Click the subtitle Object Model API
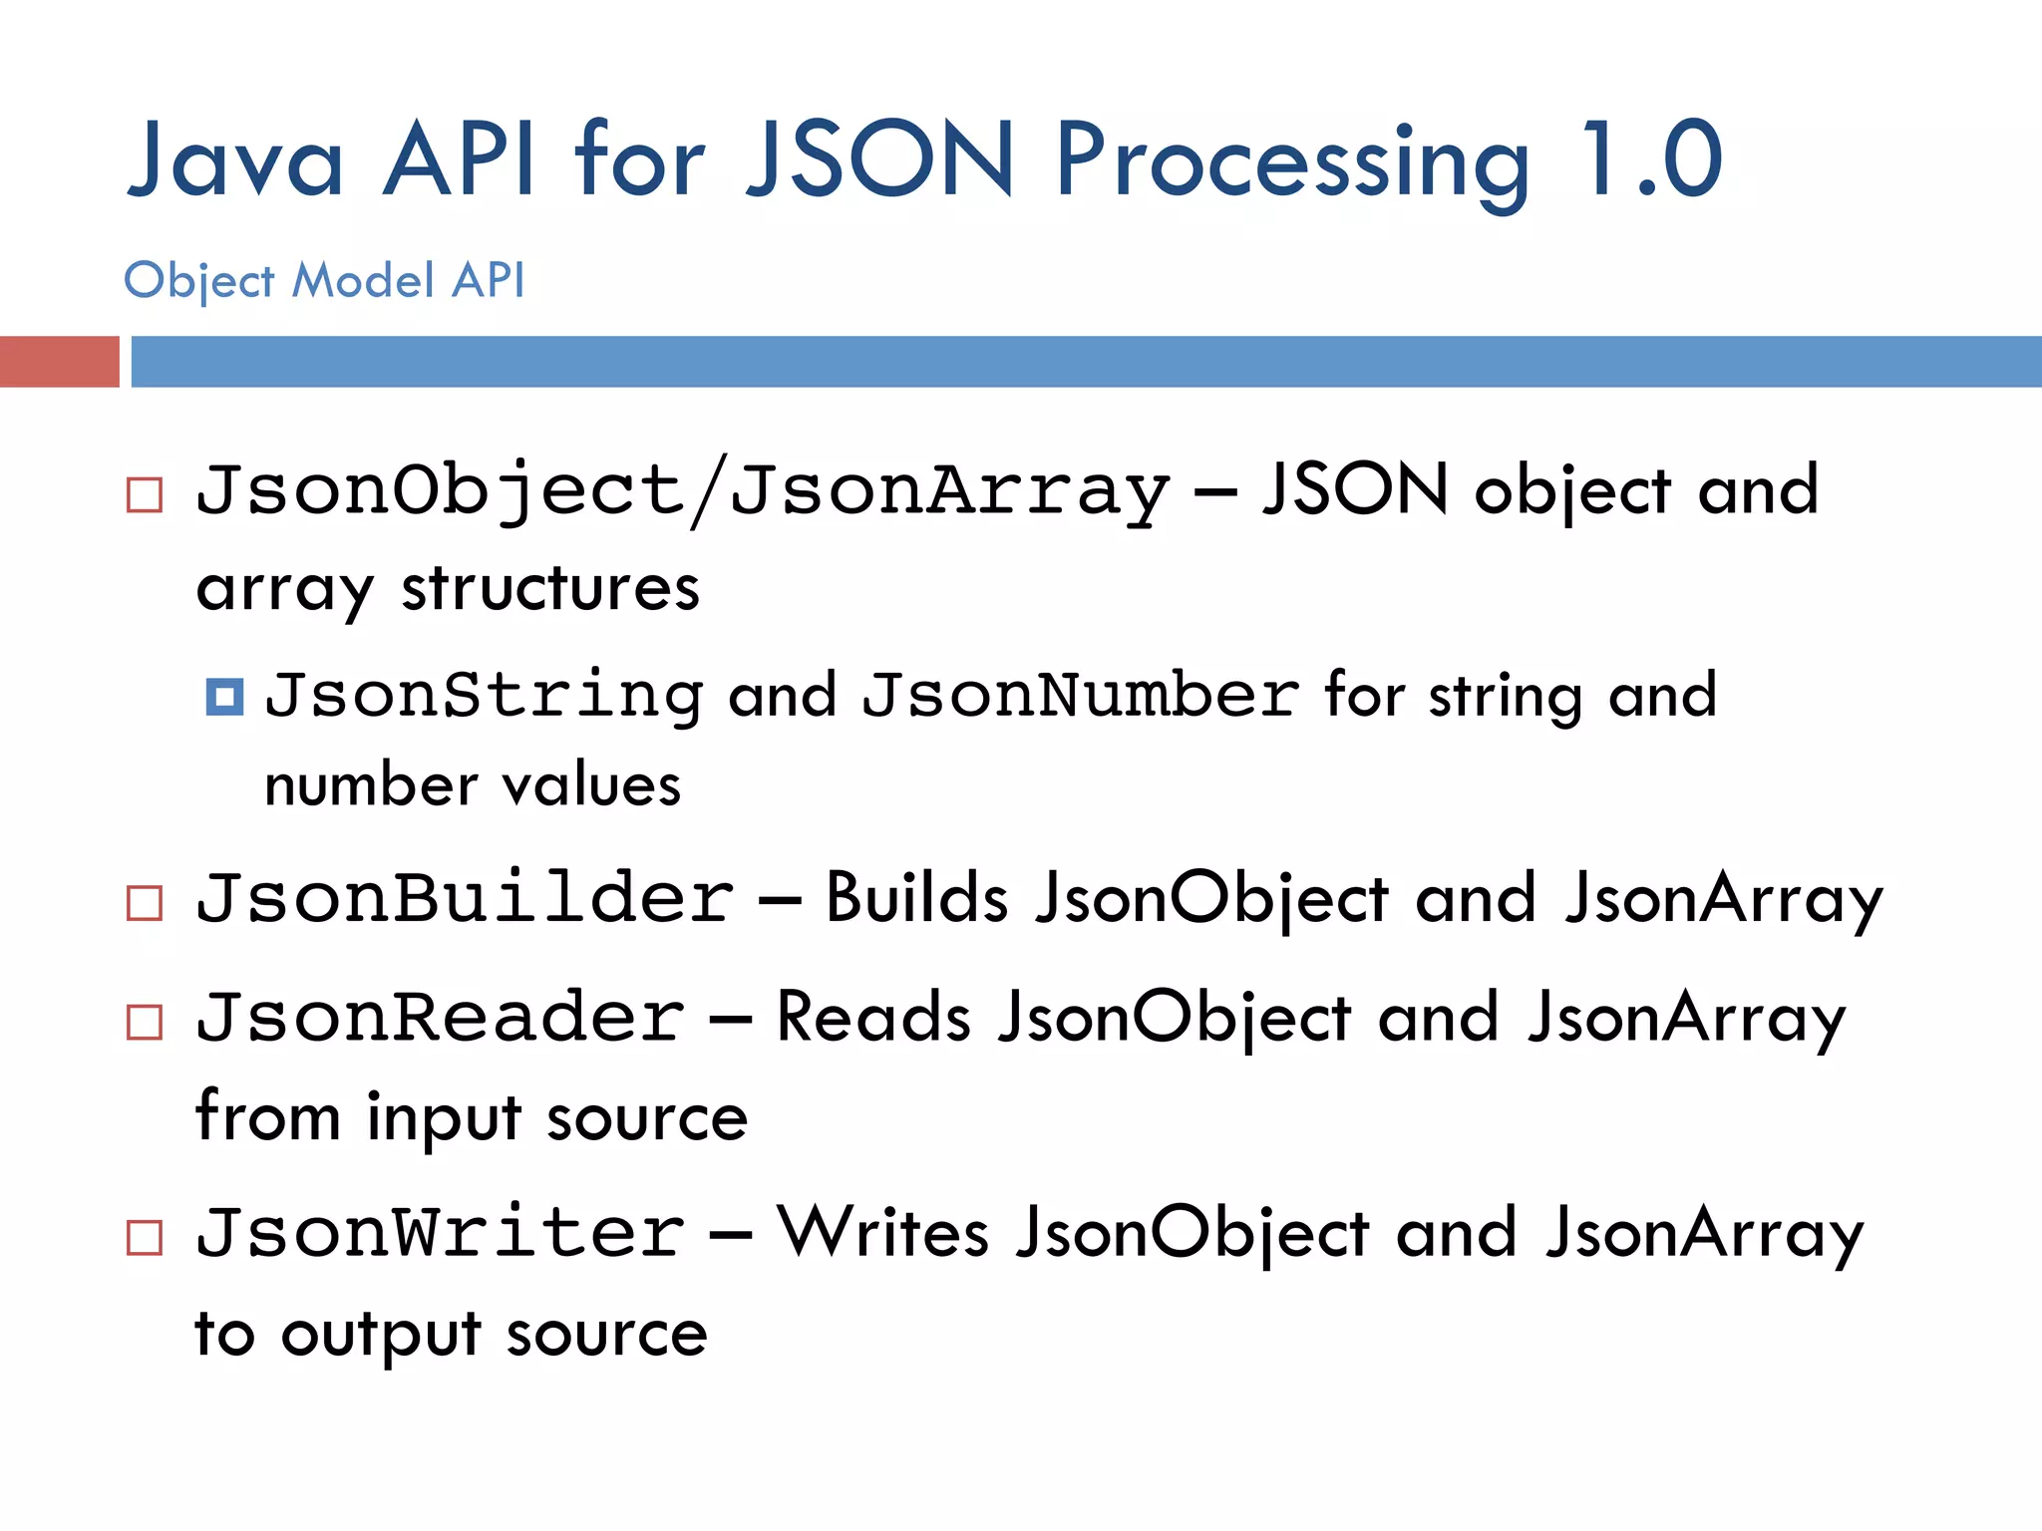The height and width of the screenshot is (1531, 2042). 324,280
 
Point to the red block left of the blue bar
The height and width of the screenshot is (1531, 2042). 59,361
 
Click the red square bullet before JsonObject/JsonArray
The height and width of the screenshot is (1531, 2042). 145,494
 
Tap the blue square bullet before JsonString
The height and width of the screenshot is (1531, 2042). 224,697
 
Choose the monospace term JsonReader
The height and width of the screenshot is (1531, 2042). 441,1018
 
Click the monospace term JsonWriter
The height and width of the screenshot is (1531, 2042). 441,1233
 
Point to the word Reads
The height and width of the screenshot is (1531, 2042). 873,1018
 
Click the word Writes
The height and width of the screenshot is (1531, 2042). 883,1233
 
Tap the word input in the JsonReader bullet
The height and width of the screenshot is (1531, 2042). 444,1118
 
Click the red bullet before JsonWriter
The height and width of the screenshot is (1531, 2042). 145,1238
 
